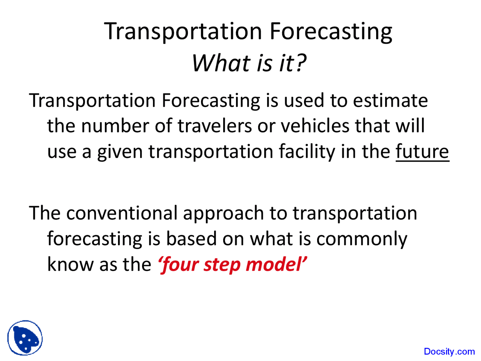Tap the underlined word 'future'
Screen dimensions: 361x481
pos(422,152)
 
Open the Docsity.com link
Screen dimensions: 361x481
pos(449,352)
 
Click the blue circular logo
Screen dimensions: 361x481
pos(25,338)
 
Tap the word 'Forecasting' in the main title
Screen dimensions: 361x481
pos(331,32)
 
